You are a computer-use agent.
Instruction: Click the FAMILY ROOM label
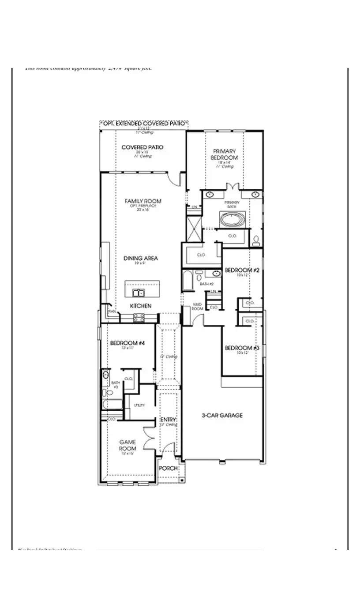point(143,201)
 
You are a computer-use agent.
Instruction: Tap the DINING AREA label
point(141,259)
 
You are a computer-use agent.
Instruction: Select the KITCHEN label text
point(141,306)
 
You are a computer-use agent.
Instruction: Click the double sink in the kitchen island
point(137,293)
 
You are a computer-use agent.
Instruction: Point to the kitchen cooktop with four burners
point(139,317)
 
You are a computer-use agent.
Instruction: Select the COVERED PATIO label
point(142,147)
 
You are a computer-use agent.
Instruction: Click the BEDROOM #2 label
point(238,270)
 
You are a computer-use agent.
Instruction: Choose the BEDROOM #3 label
point(238,348)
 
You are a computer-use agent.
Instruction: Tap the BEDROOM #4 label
point(125,343)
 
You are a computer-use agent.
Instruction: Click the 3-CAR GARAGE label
point(222,415)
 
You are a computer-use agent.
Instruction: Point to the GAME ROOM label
point(127,445)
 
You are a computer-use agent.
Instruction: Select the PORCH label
point(168,468)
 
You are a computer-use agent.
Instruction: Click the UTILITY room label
point(139,405)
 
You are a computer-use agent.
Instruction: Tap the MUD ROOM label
point(197,307)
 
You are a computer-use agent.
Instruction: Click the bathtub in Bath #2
point(187,281)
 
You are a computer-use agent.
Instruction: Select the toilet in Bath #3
point(105,392)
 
